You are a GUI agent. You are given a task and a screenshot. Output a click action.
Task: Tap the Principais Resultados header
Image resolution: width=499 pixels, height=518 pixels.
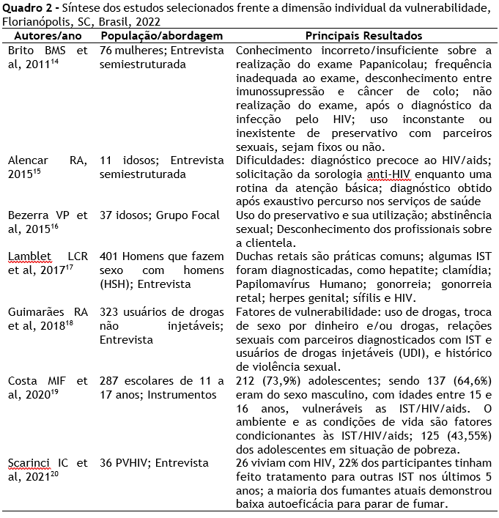coord(363,36)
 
